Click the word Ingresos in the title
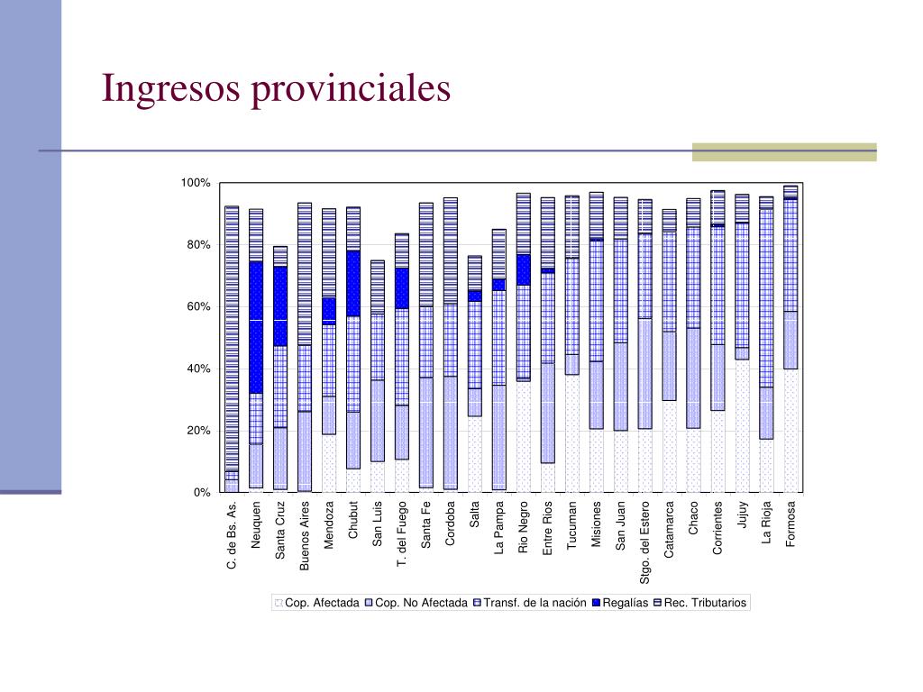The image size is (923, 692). coord(170,89)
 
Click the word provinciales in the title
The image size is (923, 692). coord(351,89)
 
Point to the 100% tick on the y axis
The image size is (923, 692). coord(196,183)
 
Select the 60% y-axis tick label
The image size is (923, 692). coord(198,306)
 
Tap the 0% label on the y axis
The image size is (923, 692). coord(202,493)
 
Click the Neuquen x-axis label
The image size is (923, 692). coord(255,525)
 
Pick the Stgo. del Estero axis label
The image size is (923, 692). coord(644,542)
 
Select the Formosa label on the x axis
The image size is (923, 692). coord(790,524)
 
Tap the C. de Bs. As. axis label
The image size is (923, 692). coord(232,535)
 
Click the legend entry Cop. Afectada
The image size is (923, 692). coord(316,603)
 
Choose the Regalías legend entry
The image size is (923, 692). coord(620,603)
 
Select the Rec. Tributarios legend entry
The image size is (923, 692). coord(699,603)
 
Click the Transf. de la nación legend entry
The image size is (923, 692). coord(530,603)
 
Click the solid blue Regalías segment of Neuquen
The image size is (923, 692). coord(256,328)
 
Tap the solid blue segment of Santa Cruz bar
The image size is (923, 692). coord(280,306)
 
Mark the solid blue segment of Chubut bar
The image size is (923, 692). coord(353,284)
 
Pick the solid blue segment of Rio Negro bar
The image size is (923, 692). coord(524,270)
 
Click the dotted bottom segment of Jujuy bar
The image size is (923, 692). coord(743,426)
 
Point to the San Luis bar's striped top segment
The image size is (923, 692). coord(378,287)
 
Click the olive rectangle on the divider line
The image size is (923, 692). coord(785,151)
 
